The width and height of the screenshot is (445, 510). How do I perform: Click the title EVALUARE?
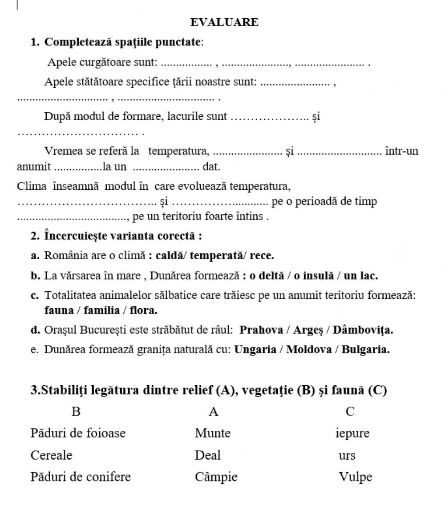224,22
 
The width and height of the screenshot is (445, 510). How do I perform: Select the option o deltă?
266,276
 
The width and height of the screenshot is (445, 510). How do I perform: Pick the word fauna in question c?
59,310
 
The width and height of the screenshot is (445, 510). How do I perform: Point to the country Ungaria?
255,350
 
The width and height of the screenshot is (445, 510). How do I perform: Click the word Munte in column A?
213,433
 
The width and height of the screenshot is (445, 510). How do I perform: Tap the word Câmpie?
216,477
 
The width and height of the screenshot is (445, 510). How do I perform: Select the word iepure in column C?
352,433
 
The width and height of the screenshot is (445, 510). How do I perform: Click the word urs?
347,456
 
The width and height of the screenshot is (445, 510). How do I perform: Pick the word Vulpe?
355,477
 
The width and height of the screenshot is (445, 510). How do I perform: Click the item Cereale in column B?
51,455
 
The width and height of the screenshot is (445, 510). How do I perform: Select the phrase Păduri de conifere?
81,477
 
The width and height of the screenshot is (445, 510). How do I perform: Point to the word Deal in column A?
207,455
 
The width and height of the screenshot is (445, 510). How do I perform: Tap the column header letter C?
350,412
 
